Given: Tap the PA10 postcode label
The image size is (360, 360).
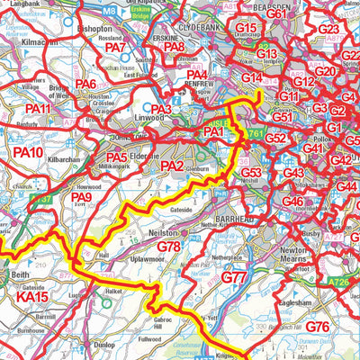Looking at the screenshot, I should pyautogui.click(x=28, y=154).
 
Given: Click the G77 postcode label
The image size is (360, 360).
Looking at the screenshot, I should pyautogui.click(x=233, y=278).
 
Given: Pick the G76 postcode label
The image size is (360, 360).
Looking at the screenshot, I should pyautogui.click(x=317, y=326).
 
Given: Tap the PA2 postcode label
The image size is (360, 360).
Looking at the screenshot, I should pyautogui.click(x=172, y=166).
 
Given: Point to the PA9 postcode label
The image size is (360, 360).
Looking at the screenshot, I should pyautogui.click(x=82, y=197).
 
